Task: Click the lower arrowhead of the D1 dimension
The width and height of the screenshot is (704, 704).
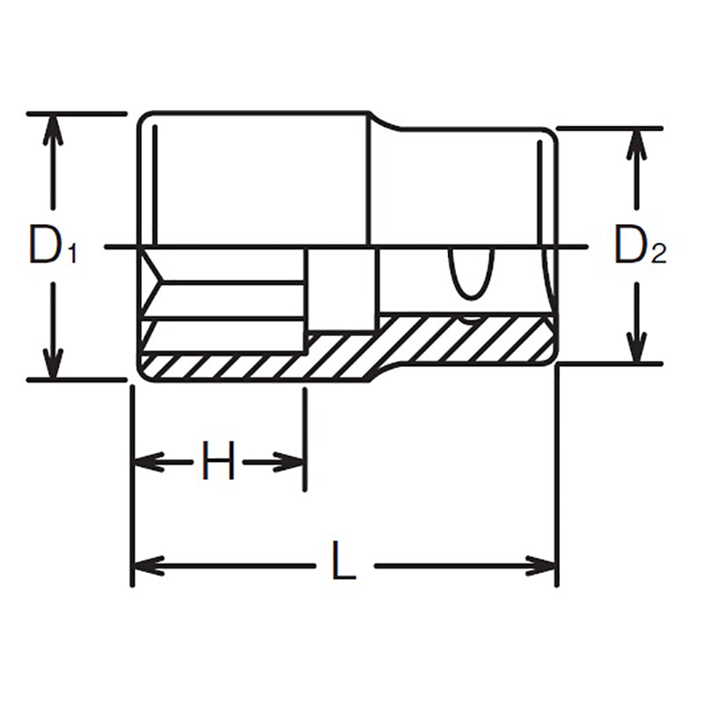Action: click(54, 363)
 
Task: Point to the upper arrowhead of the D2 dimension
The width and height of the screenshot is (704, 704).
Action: click(634, 143)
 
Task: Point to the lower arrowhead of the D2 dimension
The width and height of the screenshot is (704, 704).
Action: click(634, 347)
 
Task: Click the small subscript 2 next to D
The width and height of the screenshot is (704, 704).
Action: click(659, 256)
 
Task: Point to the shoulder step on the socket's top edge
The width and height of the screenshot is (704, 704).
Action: click(383, 121)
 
